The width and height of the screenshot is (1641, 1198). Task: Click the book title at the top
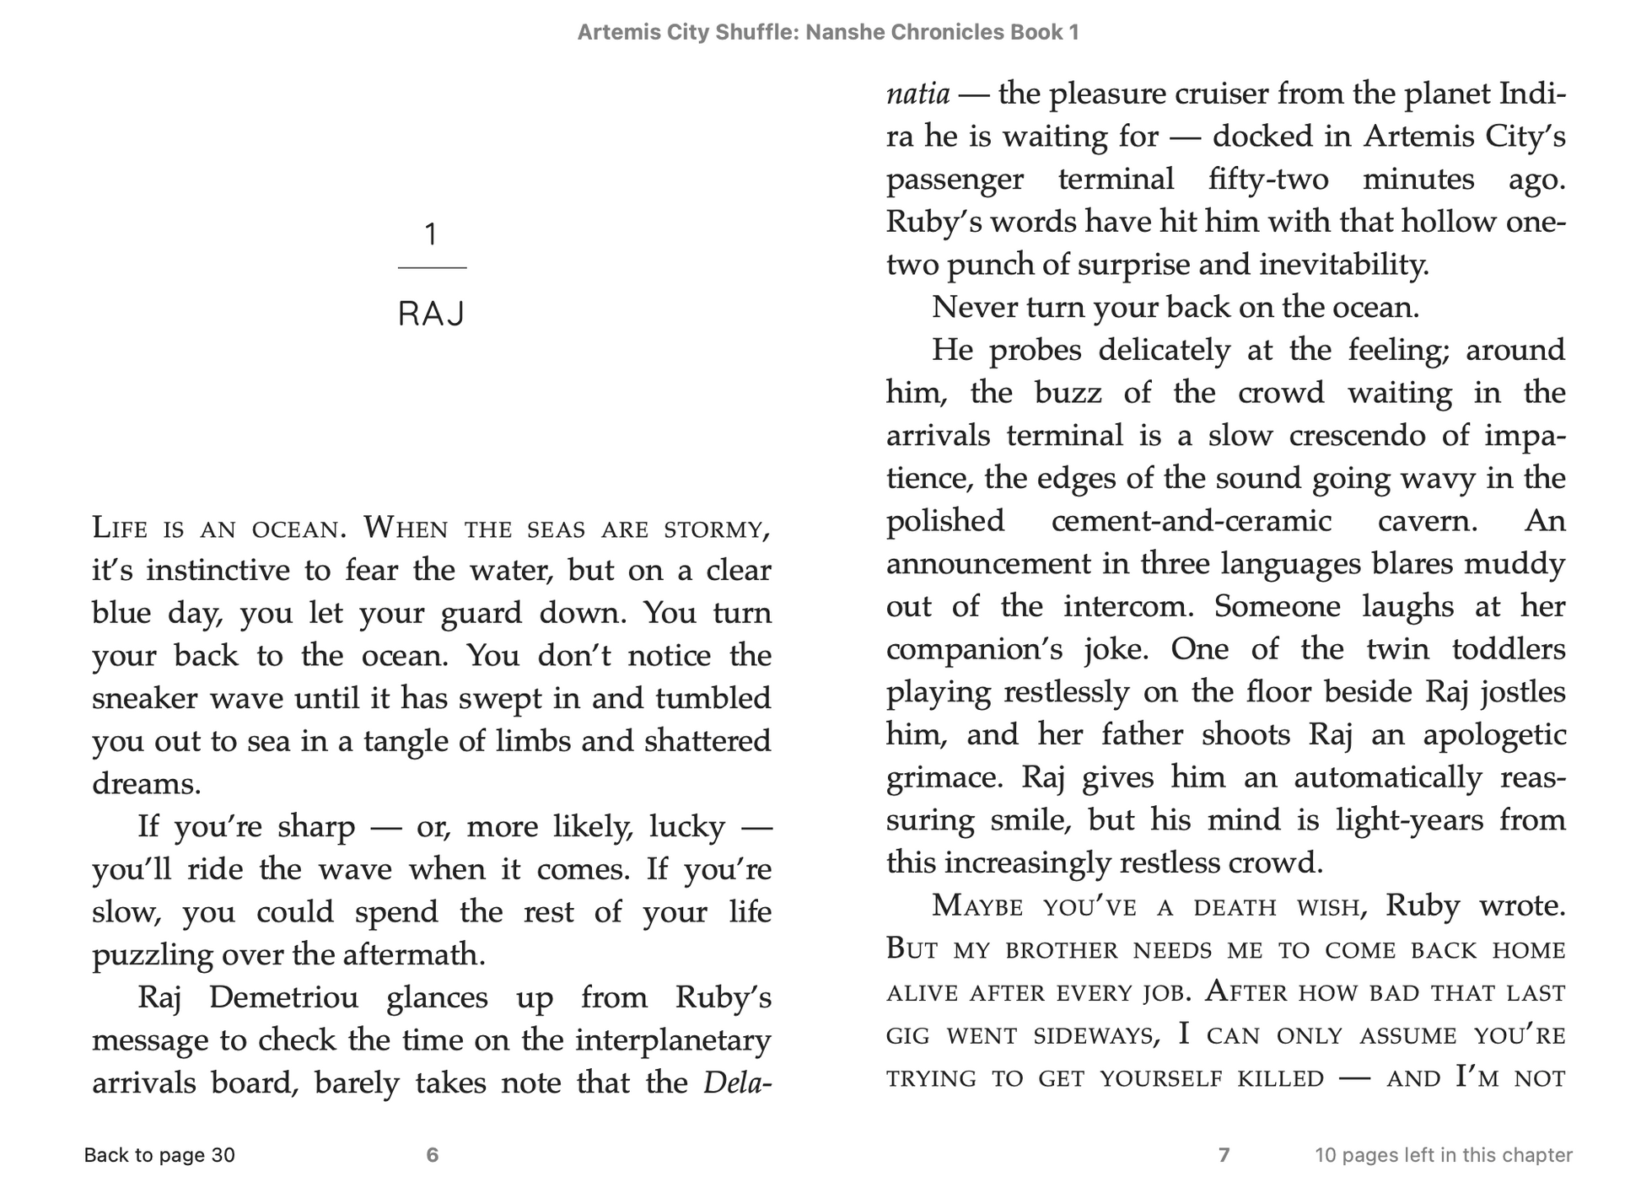tap(828, 33)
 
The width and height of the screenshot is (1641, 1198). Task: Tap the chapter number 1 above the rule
tap(432, 234)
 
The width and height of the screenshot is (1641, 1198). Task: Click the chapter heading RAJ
tap(432, 314)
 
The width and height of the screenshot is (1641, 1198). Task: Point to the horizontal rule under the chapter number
tap(432, 268)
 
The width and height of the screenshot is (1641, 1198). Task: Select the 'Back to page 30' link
tap(159, 1155)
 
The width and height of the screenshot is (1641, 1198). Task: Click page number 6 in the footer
tap(433, 1155)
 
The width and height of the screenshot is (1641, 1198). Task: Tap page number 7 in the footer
tap(1224, 1155)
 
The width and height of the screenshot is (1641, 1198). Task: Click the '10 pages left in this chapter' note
tap(1444, 1155)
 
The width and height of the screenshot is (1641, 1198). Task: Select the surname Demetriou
tap(283, 997)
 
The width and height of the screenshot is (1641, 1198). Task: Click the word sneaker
tap(145, 699)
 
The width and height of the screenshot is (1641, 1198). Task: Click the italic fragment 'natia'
tap(917, 94)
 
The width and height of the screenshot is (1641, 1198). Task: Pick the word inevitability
tap(1344, 265)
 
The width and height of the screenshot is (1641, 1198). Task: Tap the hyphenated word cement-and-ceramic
tap(1192, 521)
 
